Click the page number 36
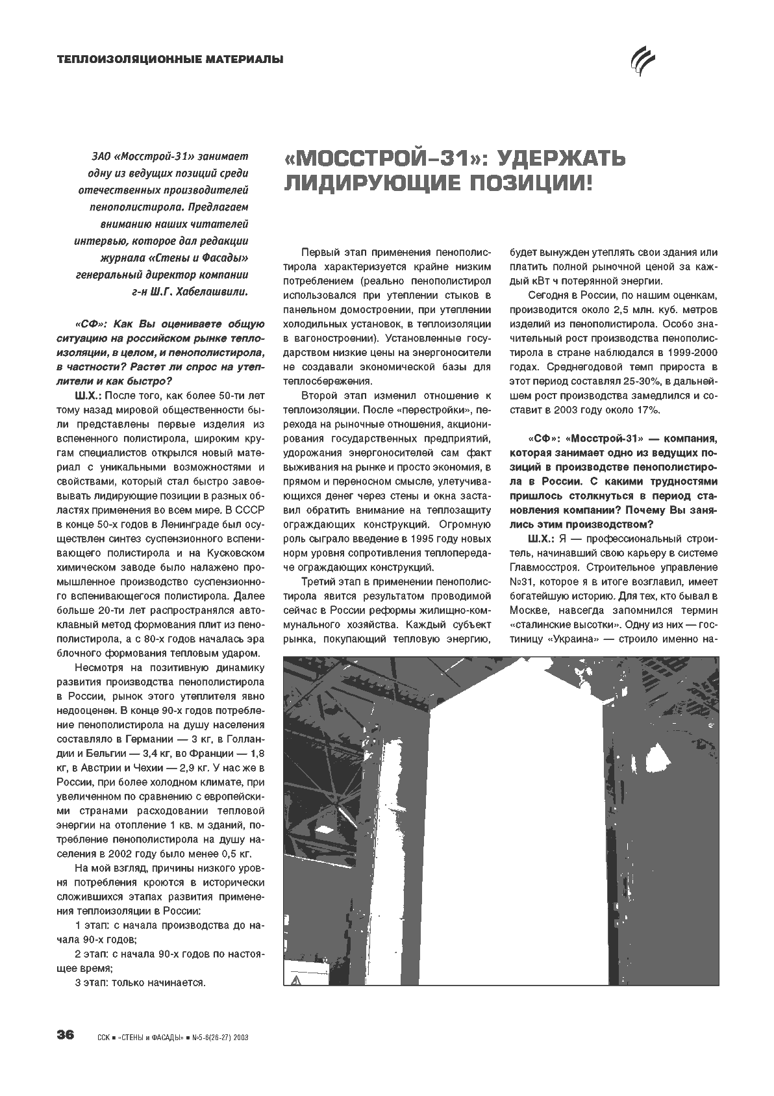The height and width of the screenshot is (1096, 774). tap(66, 1034)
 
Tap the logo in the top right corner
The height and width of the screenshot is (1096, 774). tap(645, 61)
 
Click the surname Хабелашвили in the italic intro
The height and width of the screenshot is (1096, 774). tap(215, 291)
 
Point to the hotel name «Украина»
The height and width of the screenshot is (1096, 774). tap(575, 639)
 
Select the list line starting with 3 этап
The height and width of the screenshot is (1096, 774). tap(140, 982)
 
